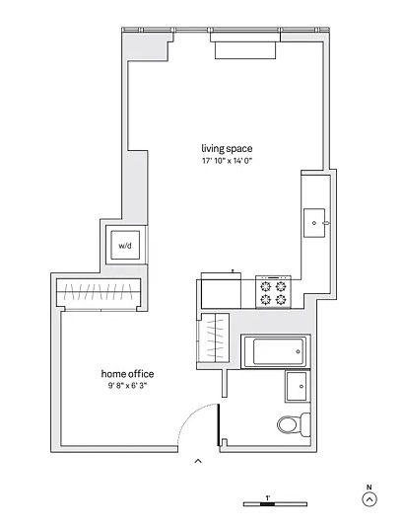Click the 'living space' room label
tap(227, 148)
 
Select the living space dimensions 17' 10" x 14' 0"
tap(227, 161)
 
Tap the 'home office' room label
tap(128, 374)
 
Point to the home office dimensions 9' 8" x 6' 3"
tap(128, 386)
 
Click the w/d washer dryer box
tap(125, 245)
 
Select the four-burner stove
tap(273, 291)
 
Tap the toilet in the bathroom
tap(294, 424)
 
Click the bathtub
tap(276, 351)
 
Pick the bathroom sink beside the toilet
tap(298, 386)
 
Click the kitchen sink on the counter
tap(314, 223)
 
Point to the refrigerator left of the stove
tap(221, 290)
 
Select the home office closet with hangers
tap(99, 292)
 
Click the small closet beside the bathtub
tap(215, 338)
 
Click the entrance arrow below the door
tap(198, 461)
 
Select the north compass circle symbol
tap(369, 499)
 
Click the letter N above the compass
tap(369, 487)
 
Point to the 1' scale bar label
tap(268, 497)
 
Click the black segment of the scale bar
tap(268, 504)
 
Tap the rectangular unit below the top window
tap(245, 50)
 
